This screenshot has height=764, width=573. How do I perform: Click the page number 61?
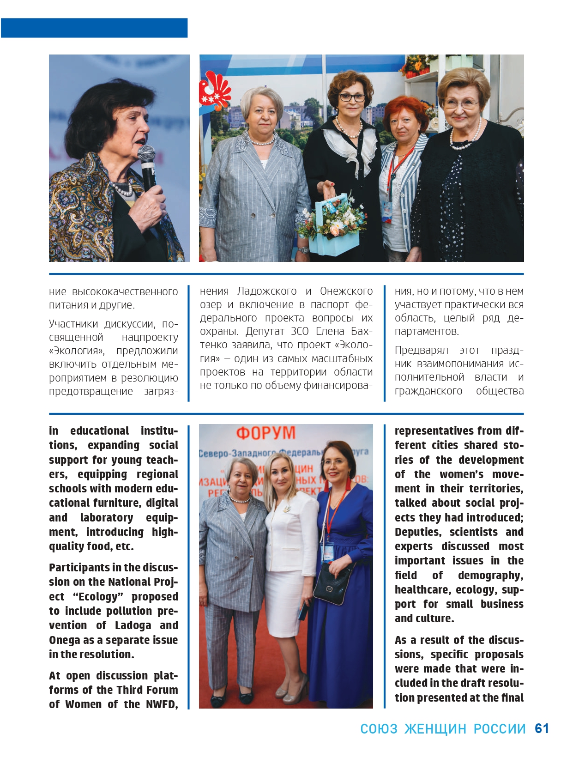542,728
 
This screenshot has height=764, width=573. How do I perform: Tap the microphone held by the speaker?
147,166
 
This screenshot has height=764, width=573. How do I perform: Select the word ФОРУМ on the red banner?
266,433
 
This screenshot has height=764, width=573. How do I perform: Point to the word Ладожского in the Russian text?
266,291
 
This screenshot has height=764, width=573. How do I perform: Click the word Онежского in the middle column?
346,291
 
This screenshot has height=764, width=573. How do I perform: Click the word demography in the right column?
490,575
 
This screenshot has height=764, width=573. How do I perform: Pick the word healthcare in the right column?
422,589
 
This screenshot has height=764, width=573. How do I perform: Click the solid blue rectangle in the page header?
94,28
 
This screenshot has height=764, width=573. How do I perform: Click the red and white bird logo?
214,90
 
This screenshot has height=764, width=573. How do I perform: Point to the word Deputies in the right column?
418,532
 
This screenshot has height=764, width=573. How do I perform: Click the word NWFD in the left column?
162,704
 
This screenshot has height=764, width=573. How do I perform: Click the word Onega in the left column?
64,640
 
